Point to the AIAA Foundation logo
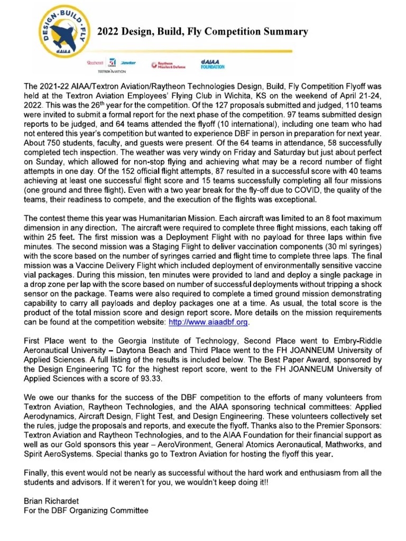point(213,64)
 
